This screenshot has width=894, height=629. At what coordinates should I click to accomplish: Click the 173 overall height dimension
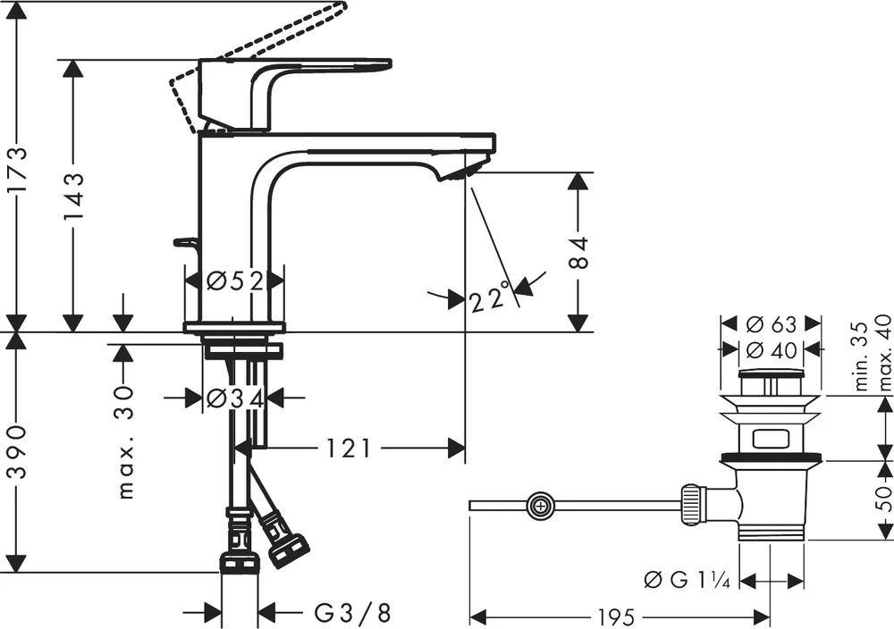[18, 171]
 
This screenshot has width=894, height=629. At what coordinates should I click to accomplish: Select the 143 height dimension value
[73, 196]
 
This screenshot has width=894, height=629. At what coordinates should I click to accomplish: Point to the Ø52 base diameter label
[234, 281]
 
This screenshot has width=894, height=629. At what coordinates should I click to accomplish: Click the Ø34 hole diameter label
[234, 398]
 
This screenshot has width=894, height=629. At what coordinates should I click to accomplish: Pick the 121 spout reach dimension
[349, 449]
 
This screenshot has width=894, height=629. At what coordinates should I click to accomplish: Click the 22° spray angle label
[489, 297]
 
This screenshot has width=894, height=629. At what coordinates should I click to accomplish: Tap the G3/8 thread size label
[353, 613]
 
